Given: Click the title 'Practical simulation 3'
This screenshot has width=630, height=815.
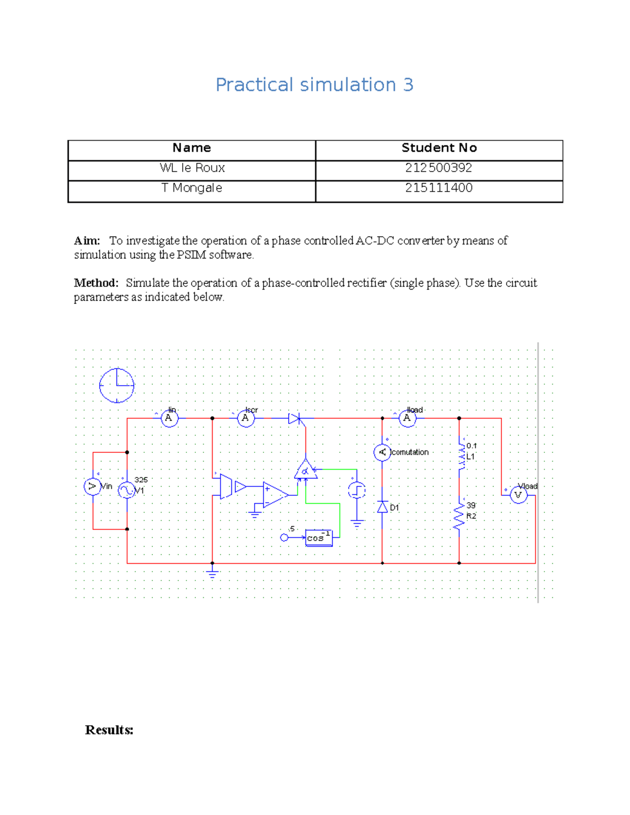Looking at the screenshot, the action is pyautogui.click(x=314, y=85).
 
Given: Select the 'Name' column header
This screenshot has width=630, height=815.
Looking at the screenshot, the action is pyautogui.click(x=192, y=149).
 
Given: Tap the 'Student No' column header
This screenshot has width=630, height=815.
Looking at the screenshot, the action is pyautogui.click(x=439, y=149).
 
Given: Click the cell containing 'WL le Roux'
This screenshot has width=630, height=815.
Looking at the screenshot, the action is pyautogui.click(x=192, y=168).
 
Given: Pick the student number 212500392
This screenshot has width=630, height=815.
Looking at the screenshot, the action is pyautogui.click(x=438, y=168).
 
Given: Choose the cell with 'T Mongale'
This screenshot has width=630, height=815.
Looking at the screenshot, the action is pyautogui.click(x=192, y=188).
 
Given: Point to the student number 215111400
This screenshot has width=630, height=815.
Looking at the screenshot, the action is pyautogui.click(x=438, y=188).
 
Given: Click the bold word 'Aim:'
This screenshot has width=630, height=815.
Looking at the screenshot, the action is pyautogui.click(x=87, y=241).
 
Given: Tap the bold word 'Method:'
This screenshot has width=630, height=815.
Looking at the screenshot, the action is pyautogui.click(x=96, y=283).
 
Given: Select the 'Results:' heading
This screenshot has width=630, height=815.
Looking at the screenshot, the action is pyautogui.click(x=109, y=730).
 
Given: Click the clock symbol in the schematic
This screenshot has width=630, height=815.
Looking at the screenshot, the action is pyautogui.click(x=117, y=385).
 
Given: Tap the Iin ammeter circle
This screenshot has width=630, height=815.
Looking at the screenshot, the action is pyautogui.click(x=169, y=418).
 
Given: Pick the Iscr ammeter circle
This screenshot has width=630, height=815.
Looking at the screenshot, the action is pyautogui.click(x=246, y=418).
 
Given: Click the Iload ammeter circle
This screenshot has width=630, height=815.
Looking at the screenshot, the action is pyautogui.click(x=407, y=418).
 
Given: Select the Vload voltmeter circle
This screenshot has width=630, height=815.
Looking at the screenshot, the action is pyautogui.click(x=519, y=495).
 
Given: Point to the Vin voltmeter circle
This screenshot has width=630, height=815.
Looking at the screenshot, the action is pyautogui.click(x=92, y=486).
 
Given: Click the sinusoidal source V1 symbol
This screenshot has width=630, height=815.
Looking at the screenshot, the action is pyautogui.click(x=127, y=490).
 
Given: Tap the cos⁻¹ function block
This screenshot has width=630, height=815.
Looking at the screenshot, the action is pyautogui.click(x=319, y=538).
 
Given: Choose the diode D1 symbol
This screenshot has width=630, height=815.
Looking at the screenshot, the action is pyautogui.click(x=382, y=507).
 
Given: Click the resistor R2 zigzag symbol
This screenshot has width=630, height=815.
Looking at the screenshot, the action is pyautogui.click(x=459, y=516).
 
